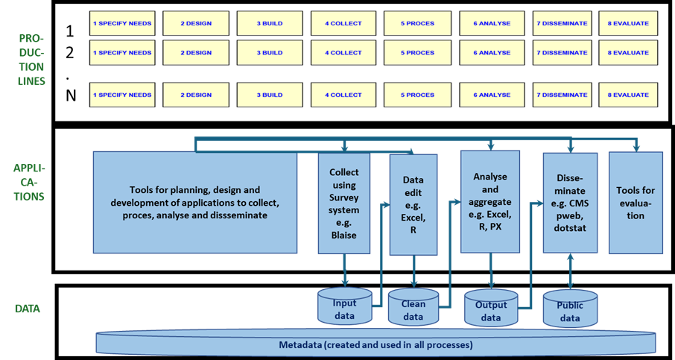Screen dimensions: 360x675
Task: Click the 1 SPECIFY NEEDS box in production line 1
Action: pyautogui.click(x=122, y=23)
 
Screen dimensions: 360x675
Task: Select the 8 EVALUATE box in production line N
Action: pyautogui.click(x=628, y=95)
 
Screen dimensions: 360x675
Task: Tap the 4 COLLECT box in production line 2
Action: pyautogui.click(x=343, y=52)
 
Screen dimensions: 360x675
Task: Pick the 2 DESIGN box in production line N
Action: pyautogui.click(x=196, y=95)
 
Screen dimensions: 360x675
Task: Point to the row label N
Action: pyautogui.click(x=70, y=95)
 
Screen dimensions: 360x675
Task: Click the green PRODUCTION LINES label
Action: pyautogui.click(x=31, y=59)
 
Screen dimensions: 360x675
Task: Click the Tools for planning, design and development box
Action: pyautogui.click(x=194, y=202)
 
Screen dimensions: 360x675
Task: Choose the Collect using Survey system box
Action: pyautogui.click(x=344, y=203)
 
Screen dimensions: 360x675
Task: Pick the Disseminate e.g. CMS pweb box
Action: pyautogui.click(x=570, y=203)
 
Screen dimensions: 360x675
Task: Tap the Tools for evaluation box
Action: pyautogui.click(x=636, y=202)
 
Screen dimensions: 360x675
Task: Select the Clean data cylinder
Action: pyautogui.click(x=413, y=309)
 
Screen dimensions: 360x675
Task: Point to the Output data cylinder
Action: pyautogui.click(x=490, y=309)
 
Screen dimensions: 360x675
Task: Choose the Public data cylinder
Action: pyautogui.click(x=570, y=308)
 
